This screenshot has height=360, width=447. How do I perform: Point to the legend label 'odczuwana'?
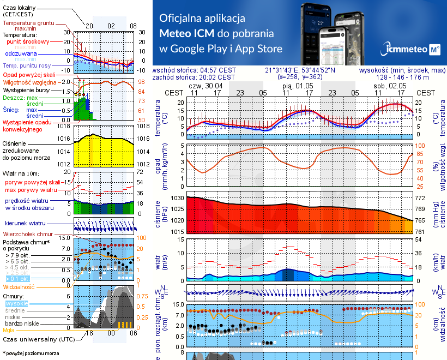pos(21,54)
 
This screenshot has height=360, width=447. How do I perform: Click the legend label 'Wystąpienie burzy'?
pos(25,89)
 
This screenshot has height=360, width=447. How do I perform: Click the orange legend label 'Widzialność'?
pos(19,286)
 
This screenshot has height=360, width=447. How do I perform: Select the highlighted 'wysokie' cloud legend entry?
pos(16,303)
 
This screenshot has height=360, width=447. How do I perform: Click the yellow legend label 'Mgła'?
pos(8,330)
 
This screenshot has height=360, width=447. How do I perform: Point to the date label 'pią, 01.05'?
pos(297,86)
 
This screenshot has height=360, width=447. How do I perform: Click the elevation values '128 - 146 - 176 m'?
pos(402,78)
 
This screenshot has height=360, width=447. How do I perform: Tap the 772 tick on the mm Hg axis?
pos(421,198)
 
